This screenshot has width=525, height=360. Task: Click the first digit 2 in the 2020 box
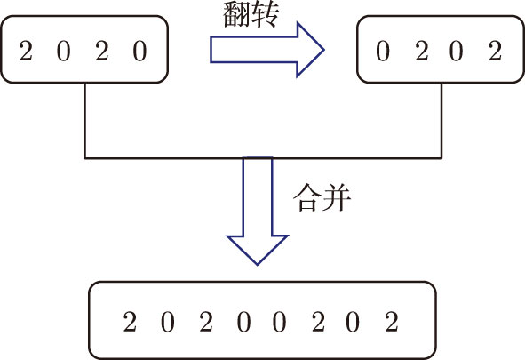click(26, 51)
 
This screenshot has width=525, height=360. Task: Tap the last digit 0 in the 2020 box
click(140, 51)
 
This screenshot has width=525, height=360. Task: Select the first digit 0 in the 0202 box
click(383, 51)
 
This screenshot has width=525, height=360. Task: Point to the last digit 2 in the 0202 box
click(495, 51)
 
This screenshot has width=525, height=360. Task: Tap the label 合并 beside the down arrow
click(322, 198)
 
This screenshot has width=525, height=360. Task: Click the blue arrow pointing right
click(266, 50)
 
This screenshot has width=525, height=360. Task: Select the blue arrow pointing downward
click(257, 211)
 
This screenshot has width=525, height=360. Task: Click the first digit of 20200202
click(130, 322)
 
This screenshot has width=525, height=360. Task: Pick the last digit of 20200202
click(392, 322)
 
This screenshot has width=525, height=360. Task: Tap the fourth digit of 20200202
click(243, 322)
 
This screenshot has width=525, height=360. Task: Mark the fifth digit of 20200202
click(279, 322)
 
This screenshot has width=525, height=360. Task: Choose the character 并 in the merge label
click(337, 198)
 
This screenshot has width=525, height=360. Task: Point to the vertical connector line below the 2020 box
click(85, 120)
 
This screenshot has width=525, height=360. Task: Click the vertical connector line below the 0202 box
click(441, 120)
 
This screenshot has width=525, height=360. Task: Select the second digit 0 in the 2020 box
click(64, 51)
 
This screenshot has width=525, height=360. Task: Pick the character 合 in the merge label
click(307, 198)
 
